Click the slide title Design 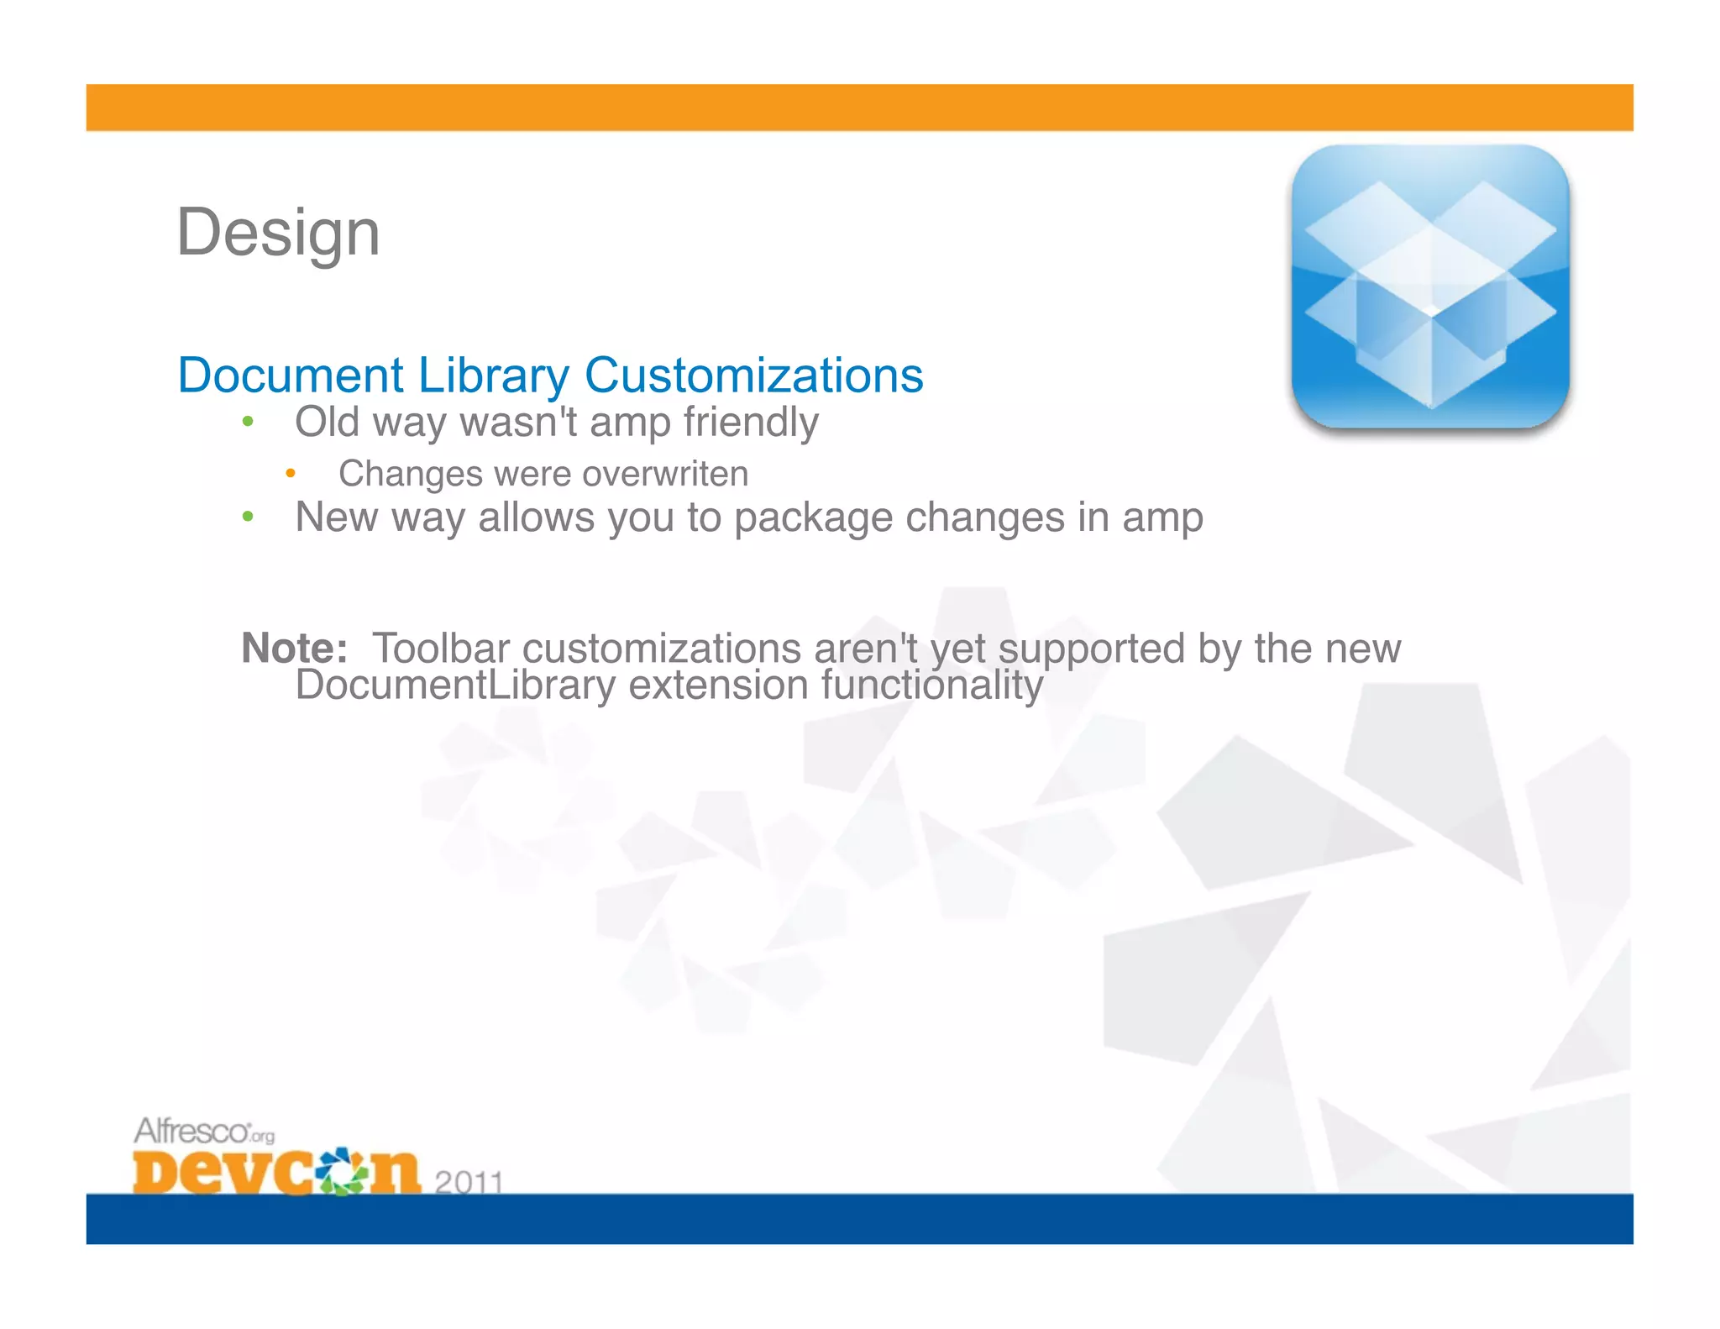(x=278, y=233)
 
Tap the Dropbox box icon (x=1430, y=287)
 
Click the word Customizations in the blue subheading (x=753, y=375)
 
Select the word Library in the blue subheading (x=493, y=375)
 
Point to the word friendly (x=750, y=422)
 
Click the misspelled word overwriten (x=664, y=474)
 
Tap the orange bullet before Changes (x=291, y=474)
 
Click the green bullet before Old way (x=247, y=422)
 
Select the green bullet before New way (x=247, y=517)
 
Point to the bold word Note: (x=294, y=648)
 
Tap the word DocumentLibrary (x=455, y=685)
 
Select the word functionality (x=931, y=685)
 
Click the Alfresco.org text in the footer (x=203, y=1131)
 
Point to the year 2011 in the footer (x=469, y=1181)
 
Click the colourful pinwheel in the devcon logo (x=342, y=1169)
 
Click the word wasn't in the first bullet (x=518, y=422)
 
